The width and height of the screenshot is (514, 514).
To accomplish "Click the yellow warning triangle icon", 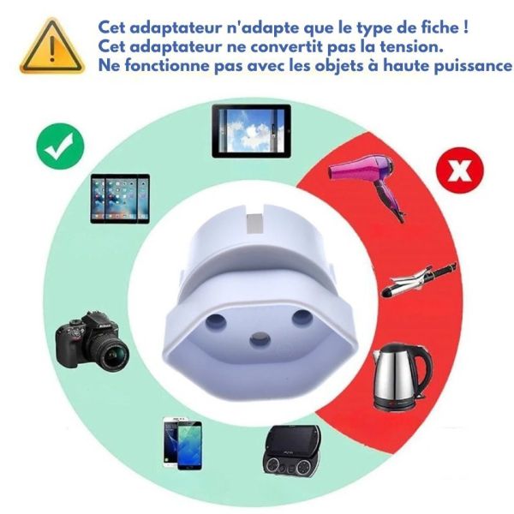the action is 51,46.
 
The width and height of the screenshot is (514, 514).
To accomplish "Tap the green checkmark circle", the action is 60,146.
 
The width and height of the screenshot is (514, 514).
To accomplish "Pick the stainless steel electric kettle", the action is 402,376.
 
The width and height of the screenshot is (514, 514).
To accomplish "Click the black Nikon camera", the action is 92,341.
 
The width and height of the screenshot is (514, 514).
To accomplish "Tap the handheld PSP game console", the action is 291,450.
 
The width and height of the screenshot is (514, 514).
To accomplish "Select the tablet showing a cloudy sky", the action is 251,131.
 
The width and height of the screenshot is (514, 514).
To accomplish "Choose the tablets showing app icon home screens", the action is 120,199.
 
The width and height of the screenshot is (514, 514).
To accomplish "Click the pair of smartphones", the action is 182,443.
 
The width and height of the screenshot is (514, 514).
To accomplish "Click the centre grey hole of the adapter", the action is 260,339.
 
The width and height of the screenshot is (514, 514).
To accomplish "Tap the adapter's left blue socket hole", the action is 216,321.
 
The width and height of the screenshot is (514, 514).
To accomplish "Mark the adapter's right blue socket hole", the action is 302,317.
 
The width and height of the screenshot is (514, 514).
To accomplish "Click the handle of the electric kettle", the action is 423,371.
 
